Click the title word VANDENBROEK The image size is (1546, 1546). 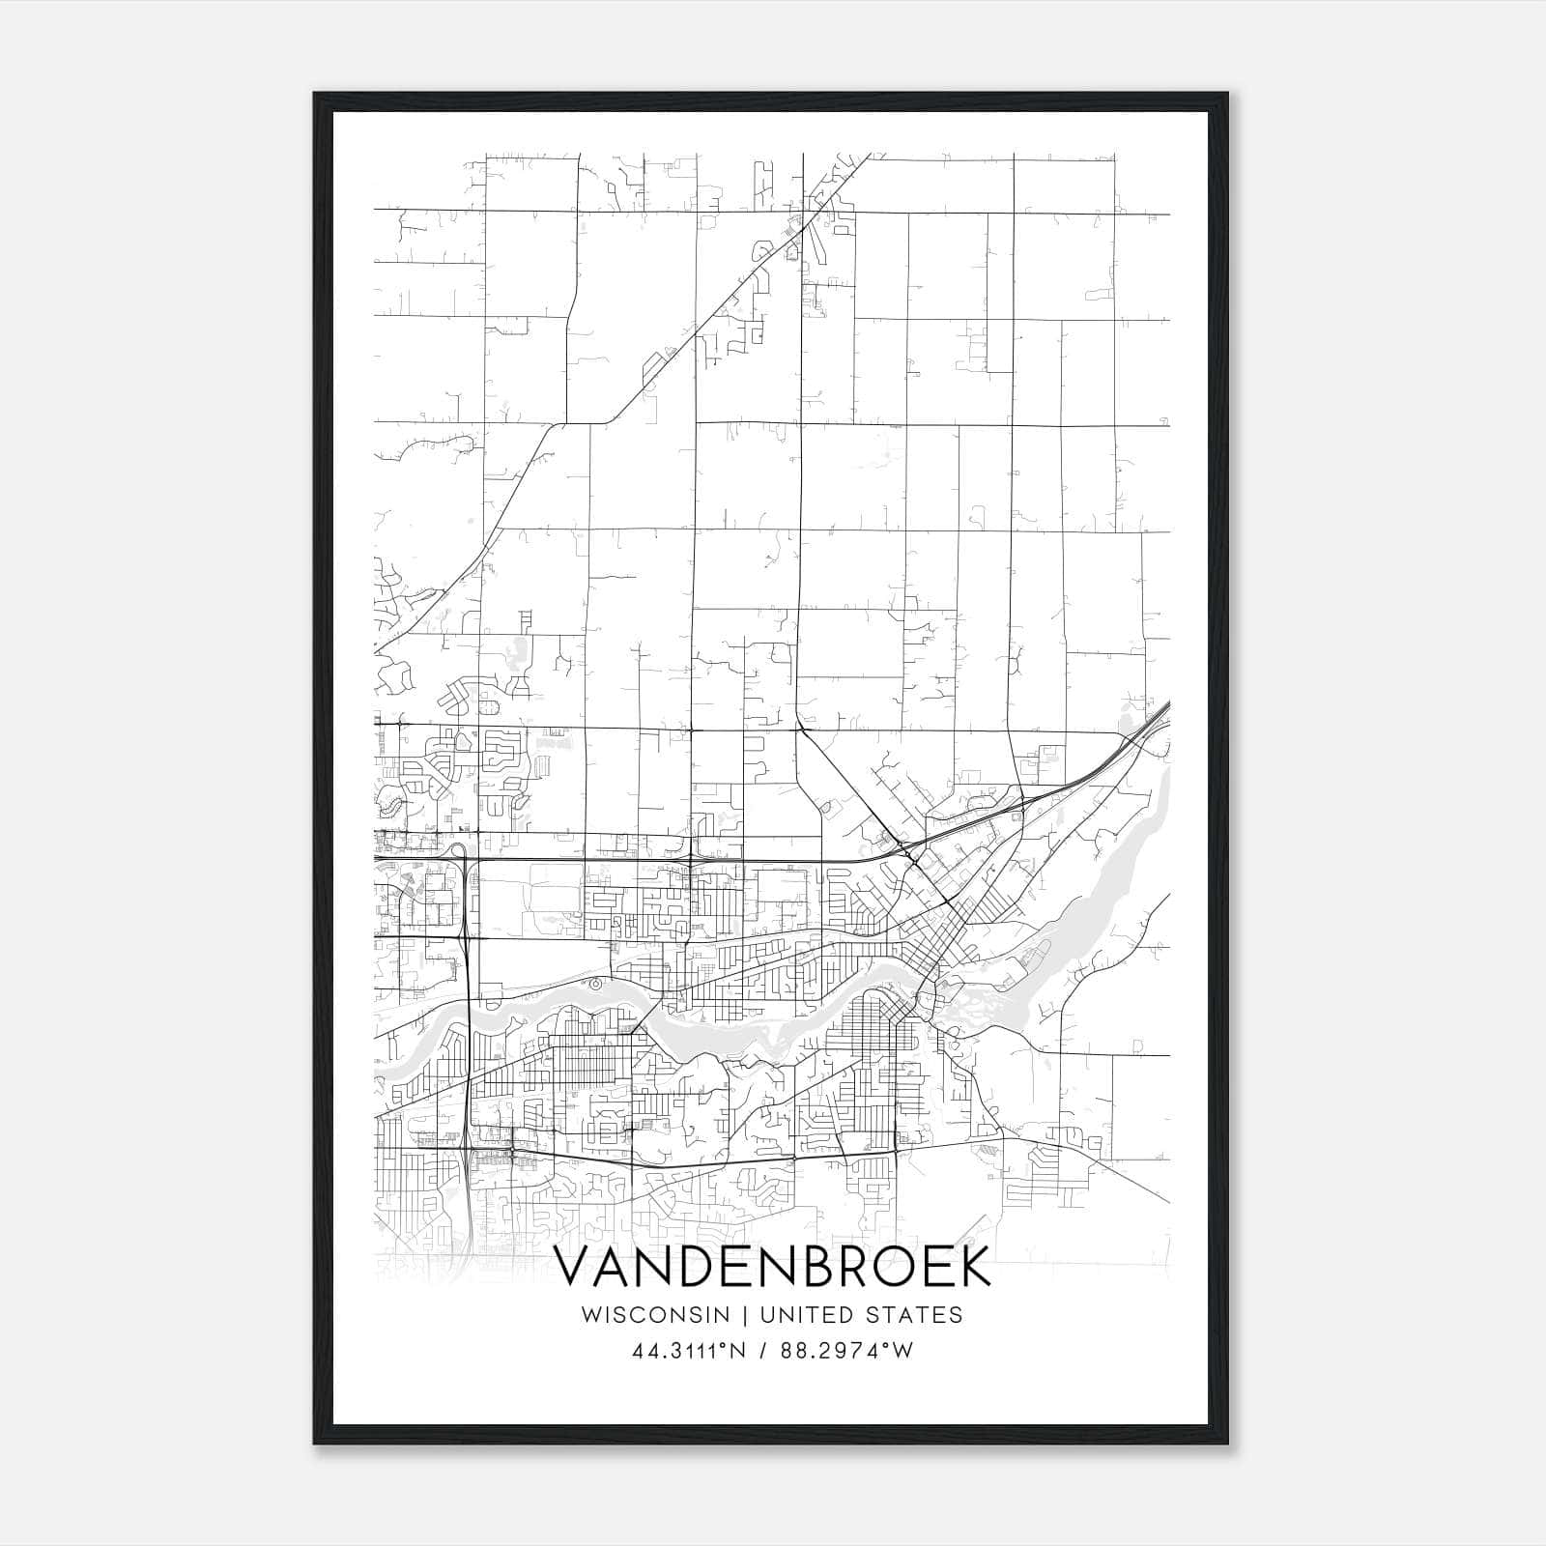pyautogui.click(x=773, y=1268)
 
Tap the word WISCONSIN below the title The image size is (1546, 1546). pyautogui.click(x=662, y=1315)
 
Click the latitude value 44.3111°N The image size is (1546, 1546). pyautogui.click(x=687, y=1351)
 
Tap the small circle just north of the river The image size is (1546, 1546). pyautogui.click(x=595, y=984)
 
